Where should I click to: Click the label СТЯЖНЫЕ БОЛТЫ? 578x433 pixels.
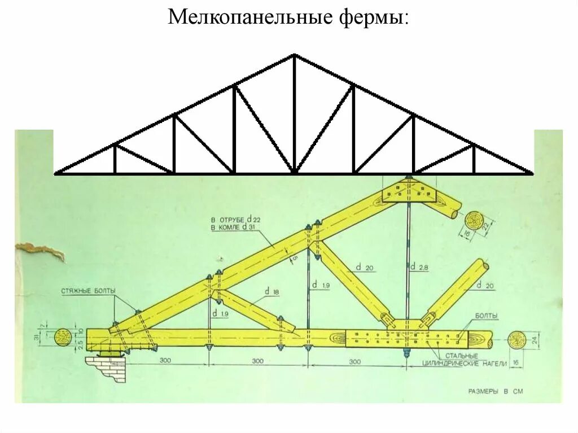pyautogui.click(x=89, y=291)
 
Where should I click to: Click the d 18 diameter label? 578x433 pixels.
pyautogui.click(x=272, y=292)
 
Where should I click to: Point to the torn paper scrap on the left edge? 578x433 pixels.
pyautogui.click(x=40, y=251)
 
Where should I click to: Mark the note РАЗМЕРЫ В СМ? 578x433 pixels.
pyautogui.click(x=496, y=391)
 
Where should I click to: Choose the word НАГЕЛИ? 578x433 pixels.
pyautogui.click(x=492, y=363)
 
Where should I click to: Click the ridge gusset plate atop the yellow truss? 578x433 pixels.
pyautogui.click(x=409, y=192)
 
